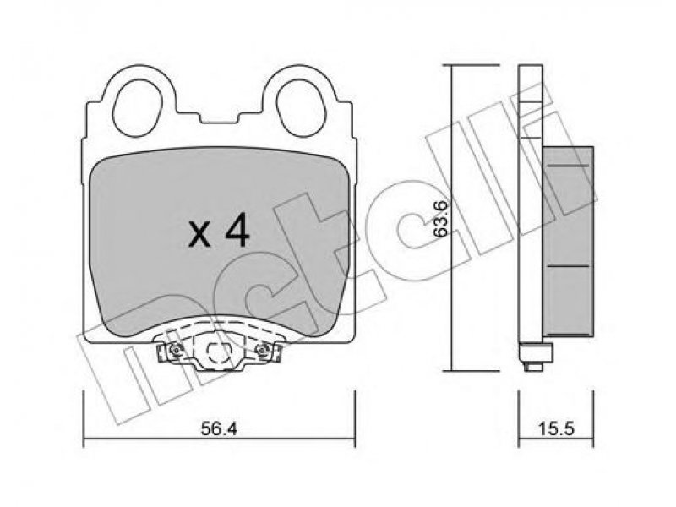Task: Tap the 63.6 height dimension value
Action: (441, 219)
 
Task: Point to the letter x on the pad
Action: (199, 237)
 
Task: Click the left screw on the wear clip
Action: (175, 352)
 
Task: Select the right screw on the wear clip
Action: (261, 352)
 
